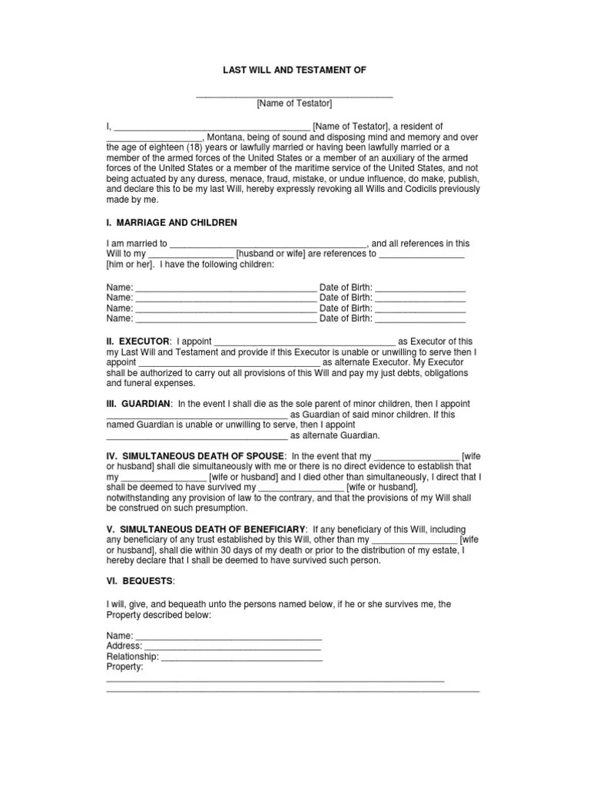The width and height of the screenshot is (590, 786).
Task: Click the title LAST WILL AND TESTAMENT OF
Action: pyautogui.click(x=294, y=70)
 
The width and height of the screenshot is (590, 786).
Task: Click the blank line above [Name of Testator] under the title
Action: pyautogui.click(x=294, y=95)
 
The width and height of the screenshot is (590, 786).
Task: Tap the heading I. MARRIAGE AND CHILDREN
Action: pyautogui.click(x=171, y=223)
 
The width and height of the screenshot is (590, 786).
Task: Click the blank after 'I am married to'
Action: pyautogui.click(x=268, y=244)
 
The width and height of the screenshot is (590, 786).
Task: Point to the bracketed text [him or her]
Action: pyautogui.click(x=130, y=264)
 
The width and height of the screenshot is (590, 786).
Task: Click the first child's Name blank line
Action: pyautogui.click(x=225, y=289)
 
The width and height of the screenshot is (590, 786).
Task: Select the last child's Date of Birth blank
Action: pyautogui.click(x=420, y=319)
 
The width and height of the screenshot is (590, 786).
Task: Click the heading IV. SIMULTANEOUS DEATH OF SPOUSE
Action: pyautogui.click(x=196, y=456)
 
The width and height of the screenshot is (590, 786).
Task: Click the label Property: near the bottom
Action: pyautogui.click(x=124, y=667)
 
